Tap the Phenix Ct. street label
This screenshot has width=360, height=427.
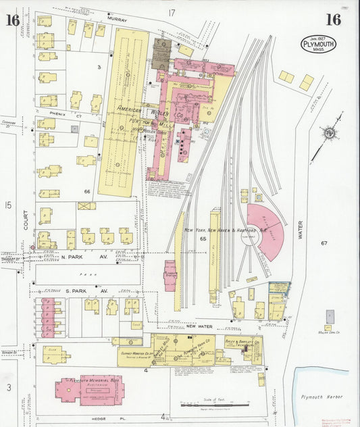pyautogui.click(x=69, y=115)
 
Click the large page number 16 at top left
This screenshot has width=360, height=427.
pyautogui.click(x=12, y=20)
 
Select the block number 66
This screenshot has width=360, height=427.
pyautogui.click(x=86, y=192)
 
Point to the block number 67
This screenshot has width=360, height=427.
pyautogui.click(x=324, y=243)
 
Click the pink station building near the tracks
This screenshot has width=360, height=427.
pyautogui.click(x=170, y=276)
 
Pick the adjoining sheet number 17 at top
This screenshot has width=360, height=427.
pyautogui.click(x=172, y=13)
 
